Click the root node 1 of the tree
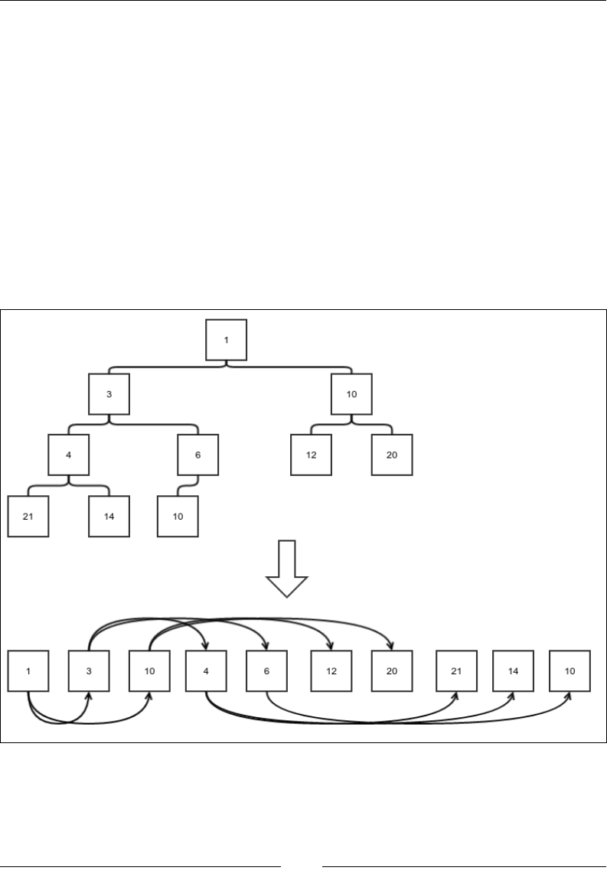coord(227,340)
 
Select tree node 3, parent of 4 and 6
coord(108,393)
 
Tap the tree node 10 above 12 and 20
coord(351,393)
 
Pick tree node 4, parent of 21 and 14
coord(68,455)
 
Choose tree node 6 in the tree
coord(198,455)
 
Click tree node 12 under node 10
coord(311,455)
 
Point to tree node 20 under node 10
coord(392,455)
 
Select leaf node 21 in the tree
coord(28,516)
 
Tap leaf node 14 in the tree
coord(109,516)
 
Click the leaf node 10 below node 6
coord(178,516)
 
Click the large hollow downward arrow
coord(286,567)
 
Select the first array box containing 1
coord(28,670)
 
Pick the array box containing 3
coord(89,670)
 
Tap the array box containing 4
coord(206,670)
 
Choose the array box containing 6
coord(266,670)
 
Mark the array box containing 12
coord(331,670)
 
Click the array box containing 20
coord(392,670)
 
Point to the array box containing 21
coord(457,670)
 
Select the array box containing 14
coord(512,670)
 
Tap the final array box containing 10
coord(570,670)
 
